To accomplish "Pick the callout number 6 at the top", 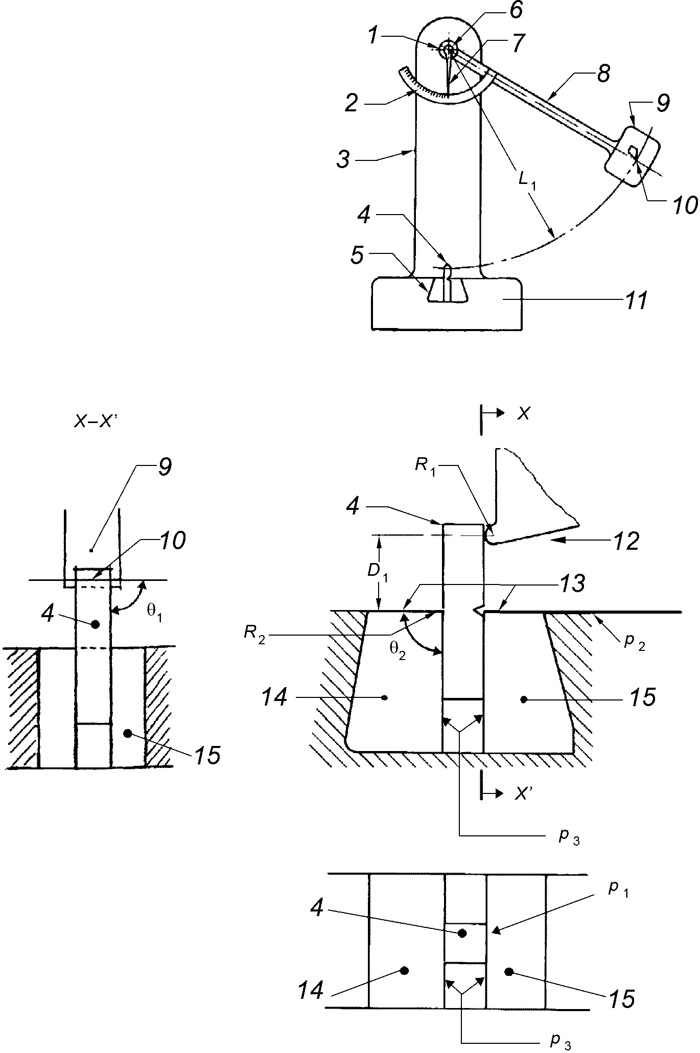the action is (516, 11).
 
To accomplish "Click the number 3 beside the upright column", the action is (343, 159).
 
